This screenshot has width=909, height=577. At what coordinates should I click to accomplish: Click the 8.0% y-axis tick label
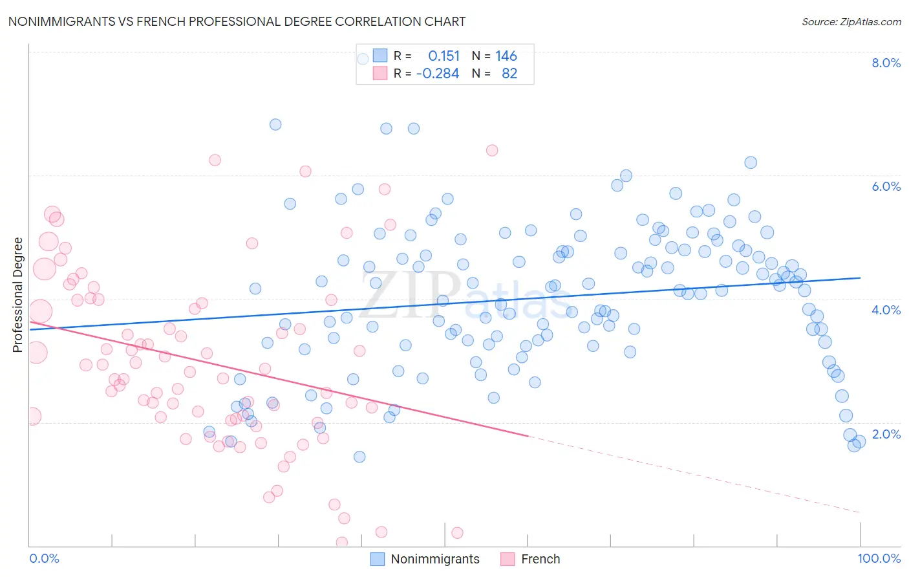tap(886, 63)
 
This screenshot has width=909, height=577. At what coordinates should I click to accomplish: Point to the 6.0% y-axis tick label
tap(886, 186)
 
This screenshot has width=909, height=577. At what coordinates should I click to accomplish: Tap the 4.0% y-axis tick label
tap(886, 310)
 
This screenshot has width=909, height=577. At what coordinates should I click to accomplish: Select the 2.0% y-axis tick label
tap(886, 434)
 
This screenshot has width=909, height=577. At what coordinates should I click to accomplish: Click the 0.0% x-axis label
tap(44, 558)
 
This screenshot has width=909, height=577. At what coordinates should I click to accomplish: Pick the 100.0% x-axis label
tap(879, 558)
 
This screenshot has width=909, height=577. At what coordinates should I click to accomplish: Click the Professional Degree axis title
tap(17, 295)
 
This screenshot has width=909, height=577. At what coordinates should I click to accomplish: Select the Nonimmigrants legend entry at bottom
tap(434, 559)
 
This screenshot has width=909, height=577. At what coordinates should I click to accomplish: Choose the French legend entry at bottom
tap(540, 559)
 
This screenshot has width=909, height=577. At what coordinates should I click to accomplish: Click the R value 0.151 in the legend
tap(444, 56)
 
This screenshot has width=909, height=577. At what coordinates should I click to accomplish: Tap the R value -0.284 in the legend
tap(438, 74)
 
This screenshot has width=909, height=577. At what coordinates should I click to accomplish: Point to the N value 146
tap(506, 56)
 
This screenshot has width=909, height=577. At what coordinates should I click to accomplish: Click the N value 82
tap(509, 74)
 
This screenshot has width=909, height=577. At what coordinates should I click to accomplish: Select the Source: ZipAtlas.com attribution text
tap(851, 22)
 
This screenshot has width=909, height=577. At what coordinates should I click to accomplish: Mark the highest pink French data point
tap(492, 150)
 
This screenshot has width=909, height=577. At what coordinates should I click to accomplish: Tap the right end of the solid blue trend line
tap(861, 278)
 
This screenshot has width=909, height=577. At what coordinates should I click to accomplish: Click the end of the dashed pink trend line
tap(861, 512)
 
